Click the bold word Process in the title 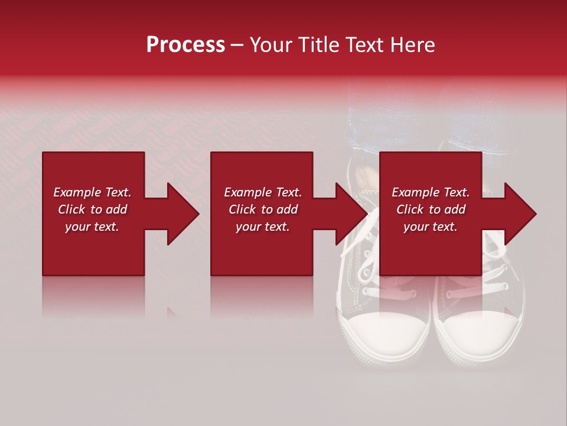coord(185,45)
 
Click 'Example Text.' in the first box coord(92,192)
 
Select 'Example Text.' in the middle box coord(263,192)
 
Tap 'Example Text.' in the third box coord(431,192)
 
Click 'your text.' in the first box coord(92,227)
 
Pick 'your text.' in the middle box coord(263,227)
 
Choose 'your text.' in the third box coord(431,227)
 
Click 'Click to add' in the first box coord(92,209)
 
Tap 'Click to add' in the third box coord(431,209)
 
